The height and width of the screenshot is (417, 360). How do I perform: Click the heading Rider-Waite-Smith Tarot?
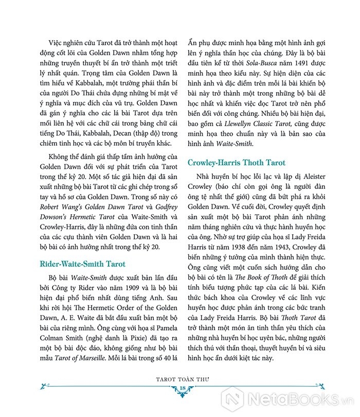click(x=82, y=264)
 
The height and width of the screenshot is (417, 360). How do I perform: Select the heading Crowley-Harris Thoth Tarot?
click(x=236, y=163)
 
